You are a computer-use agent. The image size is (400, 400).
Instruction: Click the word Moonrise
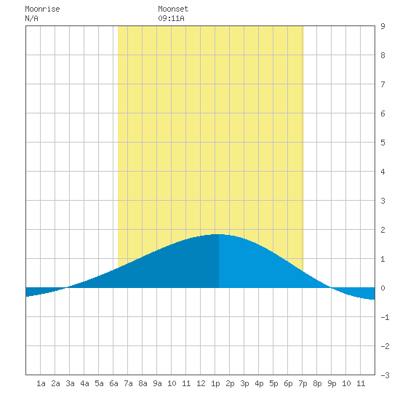point(42,9)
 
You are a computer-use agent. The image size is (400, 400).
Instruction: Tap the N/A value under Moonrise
point(31,18)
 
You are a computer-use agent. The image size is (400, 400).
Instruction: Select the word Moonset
point(173,9)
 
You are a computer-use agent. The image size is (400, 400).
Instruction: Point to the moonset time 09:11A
point(171,18)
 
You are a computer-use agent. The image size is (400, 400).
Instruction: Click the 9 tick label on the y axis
point(383,26)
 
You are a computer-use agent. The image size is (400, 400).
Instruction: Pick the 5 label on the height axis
point(383,143)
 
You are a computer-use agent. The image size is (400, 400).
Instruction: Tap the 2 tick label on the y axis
point(383,230)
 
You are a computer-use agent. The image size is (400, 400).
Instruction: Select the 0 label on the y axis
point(383,288)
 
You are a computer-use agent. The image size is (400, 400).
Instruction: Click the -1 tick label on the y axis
point(385,317)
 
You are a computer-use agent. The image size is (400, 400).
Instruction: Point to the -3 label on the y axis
point(385,375)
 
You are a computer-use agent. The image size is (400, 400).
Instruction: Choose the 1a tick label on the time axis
point(41,383)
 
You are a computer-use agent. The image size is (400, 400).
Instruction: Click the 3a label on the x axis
point(70,383)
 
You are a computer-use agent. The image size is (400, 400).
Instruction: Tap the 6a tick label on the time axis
point(113,383)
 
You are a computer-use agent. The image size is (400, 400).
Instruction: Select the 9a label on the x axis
point(157,383)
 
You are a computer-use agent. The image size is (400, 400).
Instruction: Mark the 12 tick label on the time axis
point(201,383)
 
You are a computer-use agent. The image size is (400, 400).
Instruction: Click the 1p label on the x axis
point(215,383)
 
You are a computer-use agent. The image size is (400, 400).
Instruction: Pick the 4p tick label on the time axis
point(259,383)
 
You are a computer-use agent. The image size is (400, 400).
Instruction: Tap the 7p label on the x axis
point(303,383)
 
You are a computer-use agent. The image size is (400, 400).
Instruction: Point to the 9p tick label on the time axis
point(332,383)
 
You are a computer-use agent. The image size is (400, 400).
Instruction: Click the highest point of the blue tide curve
point(219,234)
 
